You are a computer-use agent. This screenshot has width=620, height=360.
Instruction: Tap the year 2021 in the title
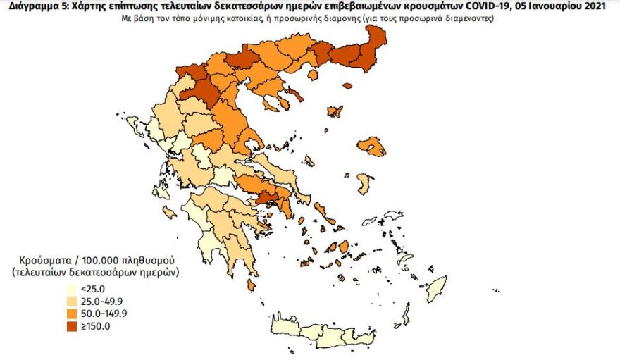(x=606, y=6)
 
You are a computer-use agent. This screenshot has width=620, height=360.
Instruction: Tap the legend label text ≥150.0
(x=95, y=326)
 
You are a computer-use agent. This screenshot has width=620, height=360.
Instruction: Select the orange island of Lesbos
(x=371, y=147)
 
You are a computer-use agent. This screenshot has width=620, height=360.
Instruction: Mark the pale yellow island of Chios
(x=363, y=184)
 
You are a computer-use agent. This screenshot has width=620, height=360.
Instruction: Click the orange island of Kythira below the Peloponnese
(x=252, y=285)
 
